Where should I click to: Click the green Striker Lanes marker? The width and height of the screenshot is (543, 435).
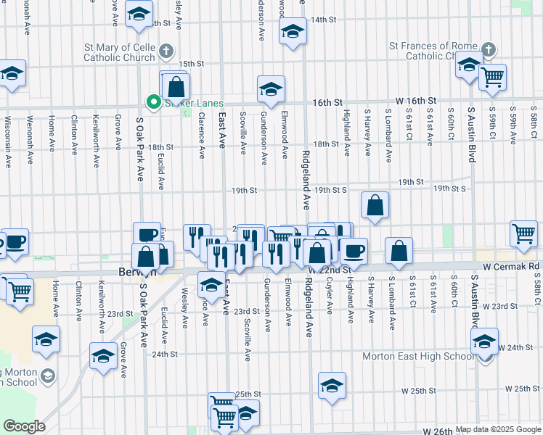click(153, 103)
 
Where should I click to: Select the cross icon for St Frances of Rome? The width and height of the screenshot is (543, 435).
click(489, 50)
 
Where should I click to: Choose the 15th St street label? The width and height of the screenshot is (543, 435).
click(192, 64)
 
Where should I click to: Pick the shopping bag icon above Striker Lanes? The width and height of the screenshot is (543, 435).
click(176, 87)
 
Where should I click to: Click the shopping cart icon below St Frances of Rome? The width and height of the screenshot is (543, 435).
click(493, 76)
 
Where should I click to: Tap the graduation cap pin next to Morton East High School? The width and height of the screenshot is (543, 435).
click(484, 341)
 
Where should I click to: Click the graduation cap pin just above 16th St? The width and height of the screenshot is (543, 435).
click(271, 89)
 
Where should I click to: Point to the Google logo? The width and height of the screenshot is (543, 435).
click(24, 426)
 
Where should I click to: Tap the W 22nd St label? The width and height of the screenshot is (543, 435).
click(330, 270)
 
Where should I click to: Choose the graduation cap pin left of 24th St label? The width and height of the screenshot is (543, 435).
click(103, 356)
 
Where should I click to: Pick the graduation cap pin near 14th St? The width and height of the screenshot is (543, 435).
click(293, 32)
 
